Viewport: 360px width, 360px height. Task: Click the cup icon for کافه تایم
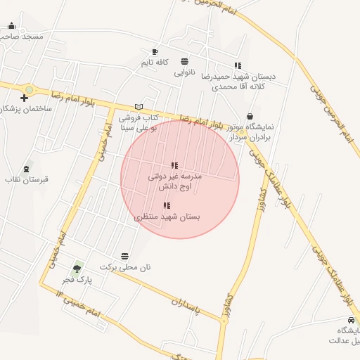click(155, 51)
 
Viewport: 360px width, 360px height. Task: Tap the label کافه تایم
click(155, 63)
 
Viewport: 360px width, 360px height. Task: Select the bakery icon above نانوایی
click(184, 61)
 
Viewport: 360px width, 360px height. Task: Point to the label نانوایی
click(184, 72)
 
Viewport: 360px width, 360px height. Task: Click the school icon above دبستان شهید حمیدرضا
click(238, 65)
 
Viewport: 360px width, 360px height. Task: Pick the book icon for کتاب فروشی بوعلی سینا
click(139, 106)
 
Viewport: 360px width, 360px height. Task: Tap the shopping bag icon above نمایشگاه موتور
click(250, 116)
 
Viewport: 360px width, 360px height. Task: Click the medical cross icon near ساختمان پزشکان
click(25, 98)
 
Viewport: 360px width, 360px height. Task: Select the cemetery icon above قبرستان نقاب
click(27, 169)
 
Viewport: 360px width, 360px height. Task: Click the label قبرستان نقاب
click(27, 180)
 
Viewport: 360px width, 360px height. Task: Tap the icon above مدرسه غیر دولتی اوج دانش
click(175, 165)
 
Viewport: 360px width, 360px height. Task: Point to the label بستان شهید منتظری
click(167, 217)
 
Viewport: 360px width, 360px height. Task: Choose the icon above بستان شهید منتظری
click(167, 206)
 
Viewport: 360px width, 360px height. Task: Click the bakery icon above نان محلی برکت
click(125, 256)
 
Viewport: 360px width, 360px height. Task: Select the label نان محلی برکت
click(125, 267)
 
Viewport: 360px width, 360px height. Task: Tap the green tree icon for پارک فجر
click(77, 268)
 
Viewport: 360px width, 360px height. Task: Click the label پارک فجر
click(77, 279)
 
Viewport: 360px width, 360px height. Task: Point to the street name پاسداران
click(186, 304)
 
